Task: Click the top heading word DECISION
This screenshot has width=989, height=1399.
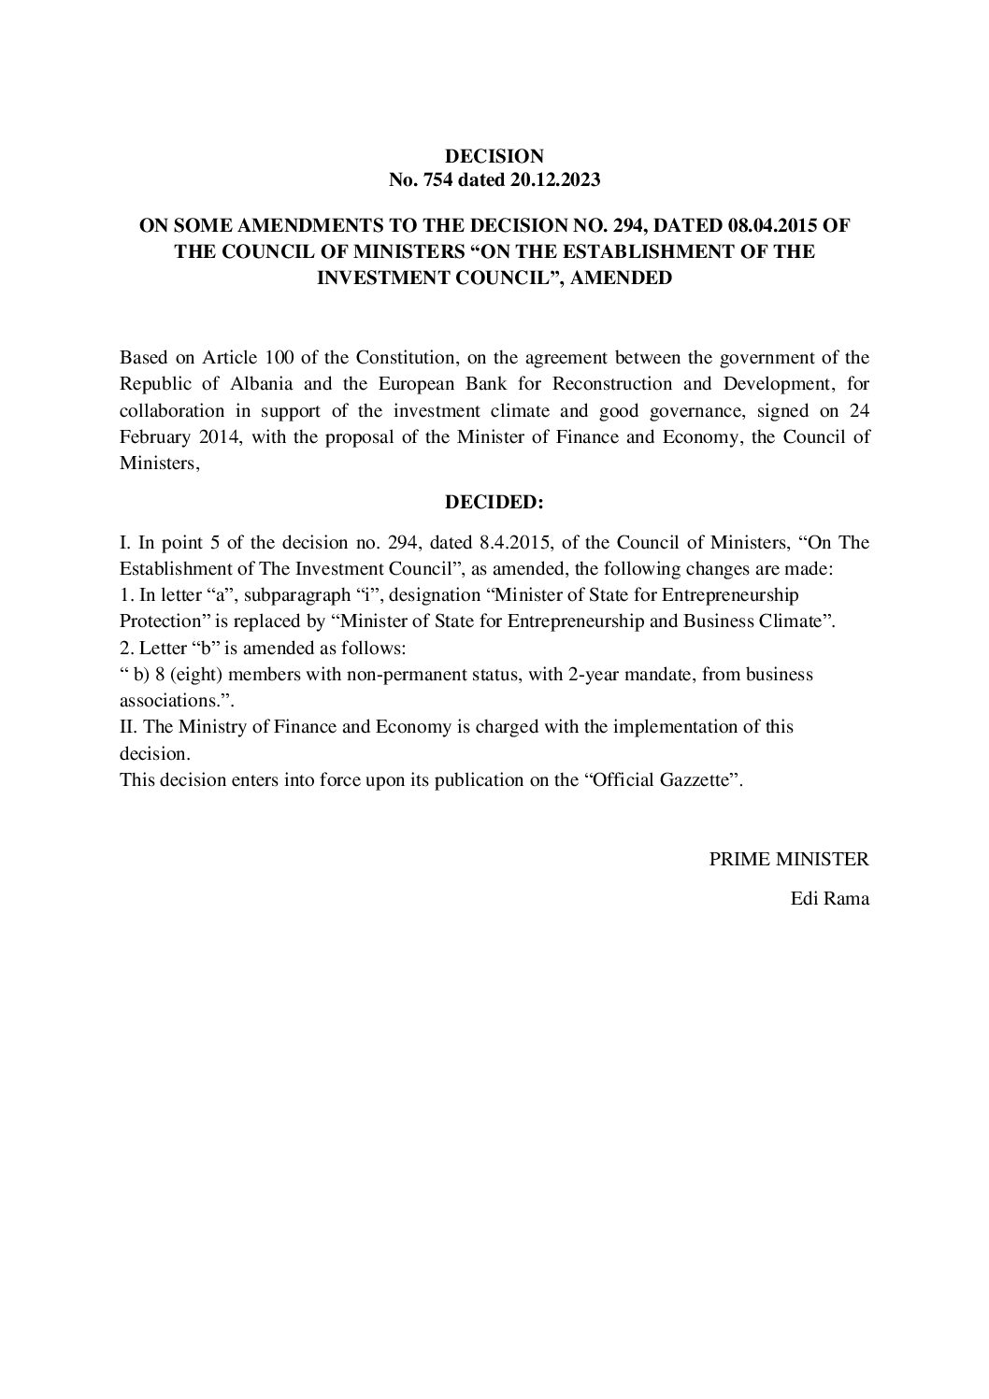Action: coord(494,156)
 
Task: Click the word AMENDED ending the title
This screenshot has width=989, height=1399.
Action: coord(627,278)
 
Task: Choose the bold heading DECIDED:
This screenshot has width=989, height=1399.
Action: coord(494,503)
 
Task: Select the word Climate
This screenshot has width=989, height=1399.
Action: coord(797,621)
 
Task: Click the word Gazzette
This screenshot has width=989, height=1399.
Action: coord(692,779)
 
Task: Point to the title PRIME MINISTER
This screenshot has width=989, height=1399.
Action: coord(789,859)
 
